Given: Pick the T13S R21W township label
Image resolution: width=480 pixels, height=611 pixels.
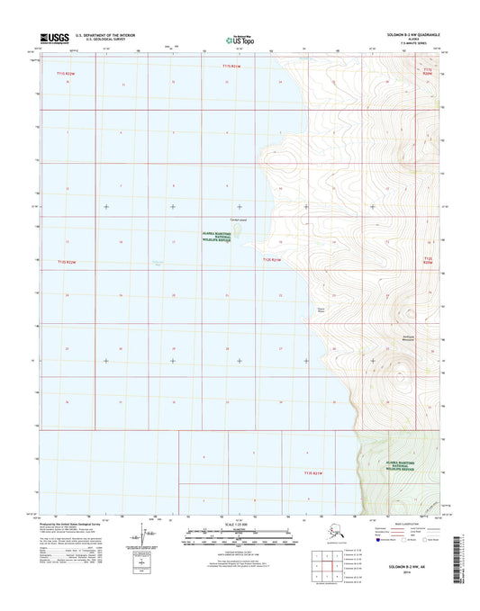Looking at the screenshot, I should click(x=312, y=473).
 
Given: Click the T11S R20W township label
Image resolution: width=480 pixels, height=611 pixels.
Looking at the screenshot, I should click(x=428, y=70).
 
